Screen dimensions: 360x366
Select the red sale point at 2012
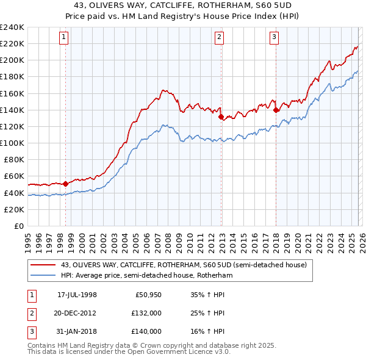[221, 116]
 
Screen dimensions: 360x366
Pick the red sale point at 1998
[65, 183]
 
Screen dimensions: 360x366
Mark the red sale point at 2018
[276, 110]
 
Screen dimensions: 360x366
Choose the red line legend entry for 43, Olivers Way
[170, 264]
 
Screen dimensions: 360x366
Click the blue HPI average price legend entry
[146, 275]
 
